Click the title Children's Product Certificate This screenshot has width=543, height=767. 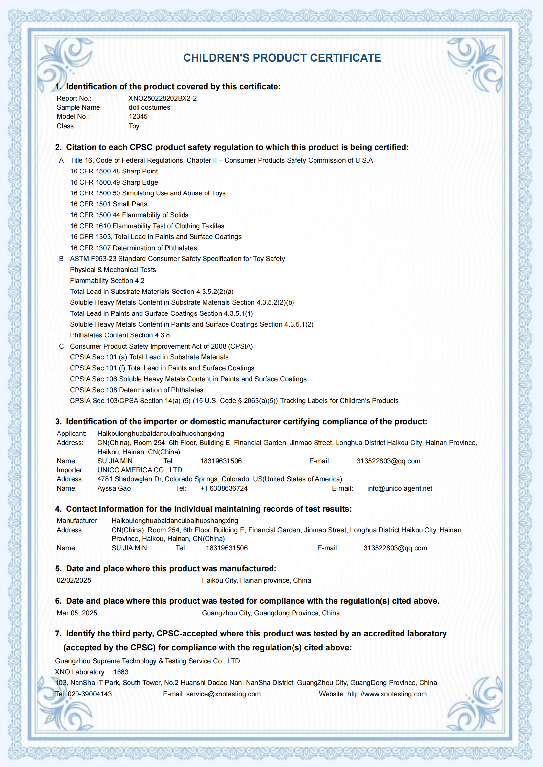[x=282, y=58]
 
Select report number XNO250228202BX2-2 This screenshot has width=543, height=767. [x=163, y=98]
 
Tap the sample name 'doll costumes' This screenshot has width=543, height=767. [x=149, y=107]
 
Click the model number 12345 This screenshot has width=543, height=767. [x=138, y=116]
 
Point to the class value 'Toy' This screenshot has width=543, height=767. [x=134, y=126]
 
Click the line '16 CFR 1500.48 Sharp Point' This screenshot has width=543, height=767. [x=114, y=171]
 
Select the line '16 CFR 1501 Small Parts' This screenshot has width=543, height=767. [x=108, y=204]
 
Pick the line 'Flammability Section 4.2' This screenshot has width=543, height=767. [x=107, y=281]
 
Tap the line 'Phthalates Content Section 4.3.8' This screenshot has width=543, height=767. [x=120, y=335]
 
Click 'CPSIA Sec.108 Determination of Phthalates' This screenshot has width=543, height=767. [x=137, y=390]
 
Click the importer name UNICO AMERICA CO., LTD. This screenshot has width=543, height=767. [x=141, y=470]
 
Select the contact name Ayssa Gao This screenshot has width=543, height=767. [x=114, y=488]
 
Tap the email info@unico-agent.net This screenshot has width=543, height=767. [x=400, y=488]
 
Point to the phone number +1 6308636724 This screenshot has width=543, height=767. [x=224, y=488]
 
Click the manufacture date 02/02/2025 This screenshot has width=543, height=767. [x=74, y=580]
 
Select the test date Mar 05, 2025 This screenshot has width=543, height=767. [x=77, y=613]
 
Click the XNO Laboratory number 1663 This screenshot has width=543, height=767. [x=121, y=672]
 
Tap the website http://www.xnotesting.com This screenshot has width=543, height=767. [x=387, y=694]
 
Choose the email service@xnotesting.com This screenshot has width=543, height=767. [x=223, y=694]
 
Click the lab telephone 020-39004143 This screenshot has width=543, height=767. [x=90, y=694]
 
